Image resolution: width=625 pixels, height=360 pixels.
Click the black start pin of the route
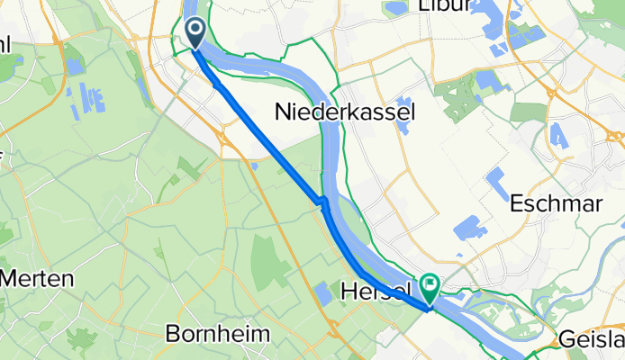coord(195,34)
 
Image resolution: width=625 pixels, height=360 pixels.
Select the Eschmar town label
coord(556,203)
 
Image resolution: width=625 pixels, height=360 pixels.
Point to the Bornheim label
coord(218,334)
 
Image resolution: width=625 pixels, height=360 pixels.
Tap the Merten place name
coord(36,278)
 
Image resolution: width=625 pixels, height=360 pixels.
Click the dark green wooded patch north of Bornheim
coord(270,256)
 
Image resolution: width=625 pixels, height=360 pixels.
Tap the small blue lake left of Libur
coord(394,9)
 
